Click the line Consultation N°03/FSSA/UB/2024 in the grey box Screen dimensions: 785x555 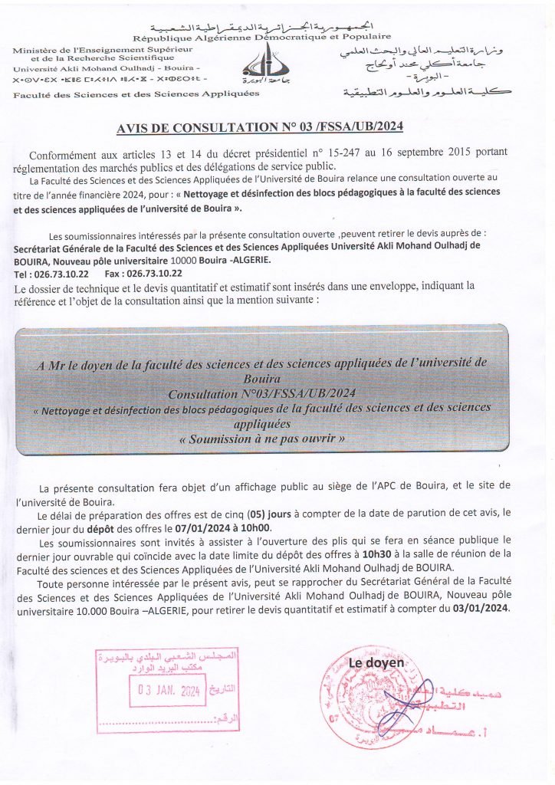261,392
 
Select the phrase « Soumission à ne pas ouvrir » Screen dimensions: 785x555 261,439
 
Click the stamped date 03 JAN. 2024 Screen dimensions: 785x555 169,690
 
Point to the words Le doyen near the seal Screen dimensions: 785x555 376,662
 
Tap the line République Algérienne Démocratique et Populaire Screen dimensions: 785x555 261,37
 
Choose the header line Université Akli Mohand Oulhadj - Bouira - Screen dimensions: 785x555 105,67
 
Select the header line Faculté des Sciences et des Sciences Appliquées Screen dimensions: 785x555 136,94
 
